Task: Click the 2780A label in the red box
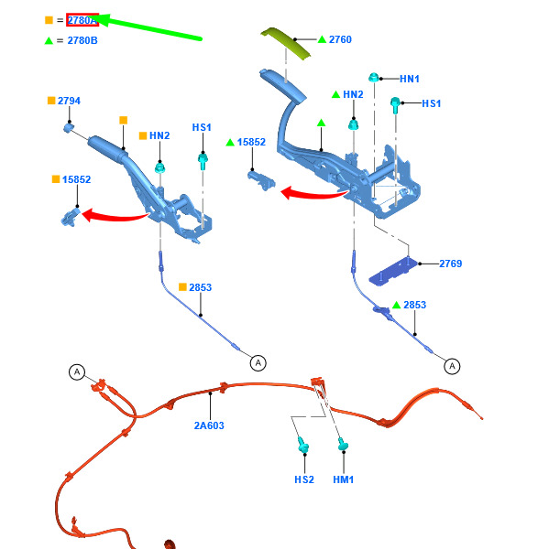82,20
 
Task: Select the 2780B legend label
82,40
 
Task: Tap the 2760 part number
340,39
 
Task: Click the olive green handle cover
285,43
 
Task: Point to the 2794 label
69,101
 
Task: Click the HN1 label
410,79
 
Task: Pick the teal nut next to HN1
374,77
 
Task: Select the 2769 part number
451,264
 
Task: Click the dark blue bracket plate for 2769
393,272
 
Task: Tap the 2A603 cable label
209,425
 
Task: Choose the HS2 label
304,479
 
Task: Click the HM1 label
344,479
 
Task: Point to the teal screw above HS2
303,445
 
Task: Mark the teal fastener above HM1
343,444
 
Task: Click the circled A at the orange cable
77,371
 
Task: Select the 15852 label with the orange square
76,179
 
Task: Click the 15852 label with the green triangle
251,142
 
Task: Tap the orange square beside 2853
182,287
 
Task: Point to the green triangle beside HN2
336,94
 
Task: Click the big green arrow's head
102,20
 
